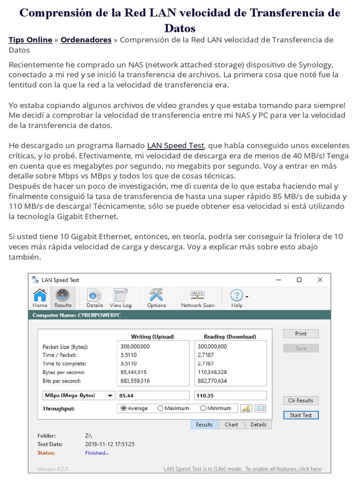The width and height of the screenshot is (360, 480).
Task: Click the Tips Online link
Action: tap(30, 40)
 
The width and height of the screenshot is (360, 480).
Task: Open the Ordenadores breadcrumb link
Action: tap(86, 40)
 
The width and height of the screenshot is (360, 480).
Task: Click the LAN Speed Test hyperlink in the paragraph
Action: tap(175, 145)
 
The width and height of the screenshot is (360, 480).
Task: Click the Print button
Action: tap(300, 334)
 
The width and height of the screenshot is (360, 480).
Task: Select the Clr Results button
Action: tap(300, 400)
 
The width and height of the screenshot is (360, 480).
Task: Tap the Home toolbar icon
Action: tap(40, 297)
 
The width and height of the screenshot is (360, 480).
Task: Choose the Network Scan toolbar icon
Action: tap(197, 297)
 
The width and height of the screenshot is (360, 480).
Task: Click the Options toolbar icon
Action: tap(156, 297)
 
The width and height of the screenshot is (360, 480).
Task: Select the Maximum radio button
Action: tap(160, 408)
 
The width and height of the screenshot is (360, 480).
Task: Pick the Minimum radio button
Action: tap(203, 408)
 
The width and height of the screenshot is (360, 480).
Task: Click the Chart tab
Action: tap(231, 425)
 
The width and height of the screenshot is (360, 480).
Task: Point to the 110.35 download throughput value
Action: tap(230, 395)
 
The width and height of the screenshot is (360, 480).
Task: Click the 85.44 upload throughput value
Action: tap(153, 395)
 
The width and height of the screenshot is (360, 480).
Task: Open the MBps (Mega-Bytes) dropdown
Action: tap(78, 395)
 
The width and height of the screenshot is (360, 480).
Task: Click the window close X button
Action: tap(320, 280)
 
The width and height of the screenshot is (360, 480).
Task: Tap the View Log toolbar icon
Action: tap(120, 297)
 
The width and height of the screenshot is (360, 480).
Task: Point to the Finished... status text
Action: tap(97, 453)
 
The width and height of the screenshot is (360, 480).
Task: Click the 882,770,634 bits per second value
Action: tap(212, 381)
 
